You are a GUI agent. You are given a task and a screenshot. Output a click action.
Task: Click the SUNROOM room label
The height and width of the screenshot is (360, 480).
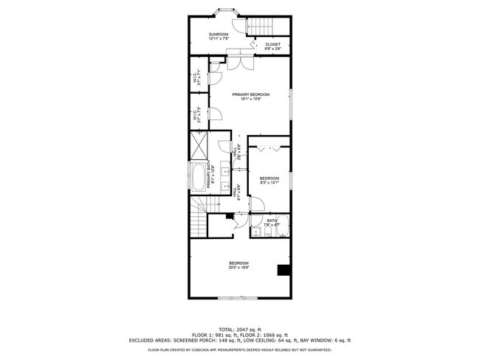(218, 35)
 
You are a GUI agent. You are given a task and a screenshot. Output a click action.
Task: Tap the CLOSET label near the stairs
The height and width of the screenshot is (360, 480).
(272, 44)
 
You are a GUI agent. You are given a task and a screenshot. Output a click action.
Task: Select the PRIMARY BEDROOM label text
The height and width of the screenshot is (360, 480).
(250, 94)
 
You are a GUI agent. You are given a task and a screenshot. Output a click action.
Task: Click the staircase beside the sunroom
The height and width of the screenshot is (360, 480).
(259, 27)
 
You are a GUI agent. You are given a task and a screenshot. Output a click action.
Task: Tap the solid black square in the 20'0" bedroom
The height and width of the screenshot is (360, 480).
(283, 270)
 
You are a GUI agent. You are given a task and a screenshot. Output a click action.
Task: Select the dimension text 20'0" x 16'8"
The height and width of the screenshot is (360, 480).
(239, 269)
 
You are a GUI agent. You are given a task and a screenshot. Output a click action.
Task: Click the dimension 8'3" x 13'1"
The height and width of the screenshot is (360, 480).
(270, 184)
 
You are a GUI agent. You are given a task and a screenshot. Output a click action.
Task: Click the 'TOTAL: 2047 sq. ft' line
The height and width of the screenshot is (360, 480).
(239, 328)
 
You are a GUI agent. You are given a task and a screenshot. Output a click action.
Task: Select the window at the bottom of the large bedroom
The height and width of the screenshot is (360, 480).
(239, 297)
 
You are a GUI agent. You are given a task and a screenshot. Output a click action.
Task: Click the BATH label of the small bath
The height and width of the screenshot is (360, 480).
(272, 220)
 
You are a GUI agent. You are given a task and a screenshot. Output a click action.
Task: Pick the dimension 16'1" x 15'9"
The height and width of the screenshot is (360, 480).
(250, 100)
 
